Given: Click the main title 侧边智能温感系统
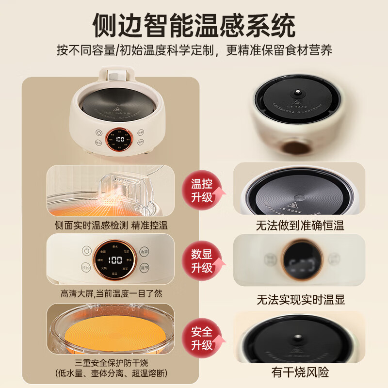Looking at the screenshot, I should [x=194, y=24].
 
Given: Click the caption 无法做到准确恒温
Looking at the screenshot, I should [x=301, y=225].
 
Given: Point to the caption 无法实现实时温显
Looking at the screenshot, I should [x=301, y=299].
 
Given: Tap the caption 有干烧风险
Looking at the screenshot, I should [x=301, y=372].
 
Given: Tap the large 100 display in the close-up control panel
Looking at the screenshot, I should [x=115, y=260].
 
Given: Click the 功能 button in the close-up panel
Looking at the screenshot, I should [x=144, y=252].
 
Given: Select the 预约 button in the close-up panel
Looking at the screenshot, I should [x=86, y=267].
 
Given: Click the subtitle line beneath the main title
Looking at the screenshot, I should [x=194, y=50].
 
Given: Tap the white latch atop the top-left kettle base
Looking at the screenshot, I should [x=114, y=76].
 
